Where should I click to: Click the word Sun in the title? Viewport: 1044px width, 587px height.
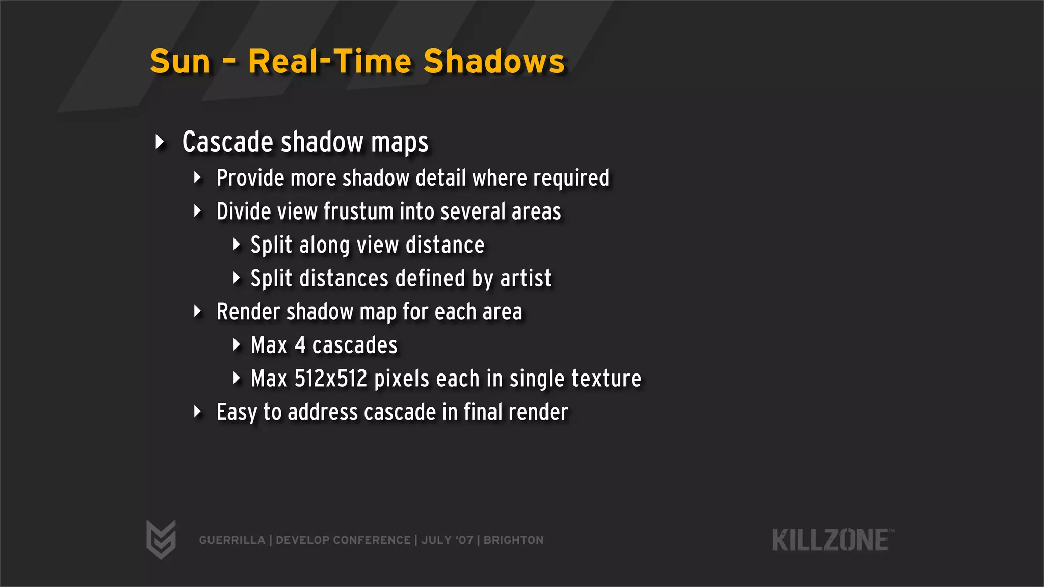point(180,62)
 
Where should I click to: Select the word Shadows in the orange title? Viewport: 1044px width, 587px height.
point(494,62)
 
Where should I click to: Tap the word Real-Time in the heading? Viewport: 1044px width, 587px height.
point(330,62)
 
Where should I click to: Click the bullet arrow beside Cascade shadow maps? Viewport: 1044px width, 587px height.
point(160,142)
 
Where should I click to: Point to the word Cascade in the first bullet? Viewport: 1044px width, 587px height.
point(228,142)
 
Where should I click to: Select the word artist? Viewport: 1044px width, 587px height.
point(526,278)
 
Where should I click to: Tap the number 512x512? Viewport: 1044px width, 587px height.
point(331,379)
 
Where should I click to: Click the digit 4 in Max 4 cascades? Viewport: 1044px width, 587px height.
point(300,345)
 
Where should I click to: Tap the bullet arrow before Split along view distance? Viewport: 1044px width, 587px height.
point(236,245)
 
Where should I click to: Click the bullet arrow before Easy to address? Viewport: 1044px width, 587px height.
point(198,412)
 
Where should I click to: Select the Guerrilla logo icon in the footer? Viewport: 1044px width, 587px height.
point(161,539)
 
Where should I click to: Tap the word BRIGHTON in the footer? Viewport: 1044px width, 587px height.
point(513,540)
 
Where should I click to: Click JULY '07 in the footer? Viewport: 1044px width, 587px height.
point(447,540)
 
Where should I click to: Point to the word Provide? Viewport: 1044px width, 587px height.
point(250,178)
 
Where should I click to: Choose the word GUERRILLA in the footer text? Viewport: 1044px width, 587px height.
point(232,540)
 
